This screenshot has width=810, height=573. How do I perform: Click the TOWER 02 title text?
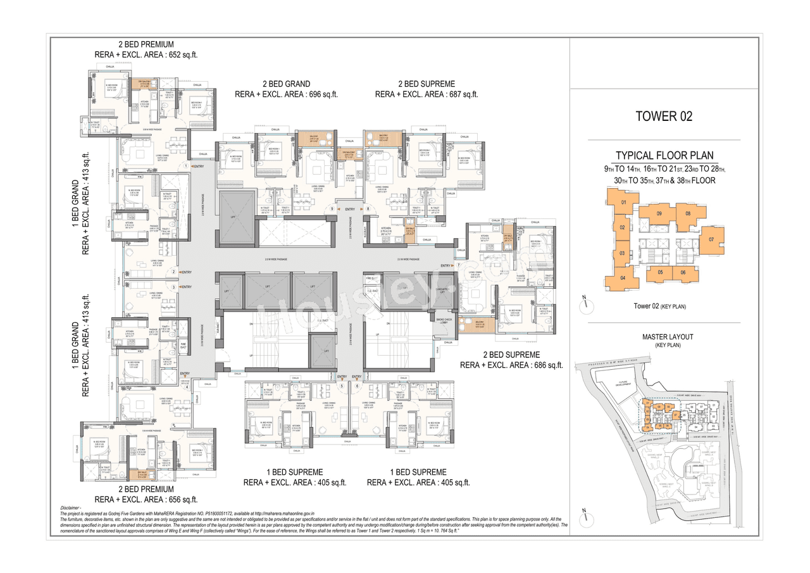663,116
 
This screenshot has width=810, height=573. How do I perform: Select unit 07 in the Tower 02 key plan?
711,239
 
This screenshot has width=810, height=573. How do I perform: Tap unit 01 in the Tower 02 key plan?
623,203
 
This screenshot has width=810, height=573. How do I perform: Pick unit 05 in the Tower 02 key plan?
660,273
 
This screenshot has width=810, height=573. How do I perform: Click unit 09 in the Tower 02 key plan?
659,214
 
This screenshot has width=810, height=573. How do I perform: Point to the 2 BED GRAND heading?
286,84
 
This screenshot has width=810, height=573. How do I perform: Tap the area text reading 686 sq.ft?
545,365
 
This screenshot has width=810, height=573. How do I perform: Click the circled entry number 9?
331,209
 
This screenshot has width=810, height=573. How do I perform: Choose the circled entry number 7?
459,265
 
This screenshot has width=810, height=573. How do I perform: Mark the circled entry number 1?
185,166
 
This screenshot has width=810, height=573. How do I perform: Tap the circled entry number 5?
342,386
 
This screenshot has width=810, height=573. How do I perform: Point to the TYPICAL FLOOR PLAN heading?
664,156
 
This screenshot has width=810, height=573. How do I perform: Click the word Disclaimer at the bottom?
71,508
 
